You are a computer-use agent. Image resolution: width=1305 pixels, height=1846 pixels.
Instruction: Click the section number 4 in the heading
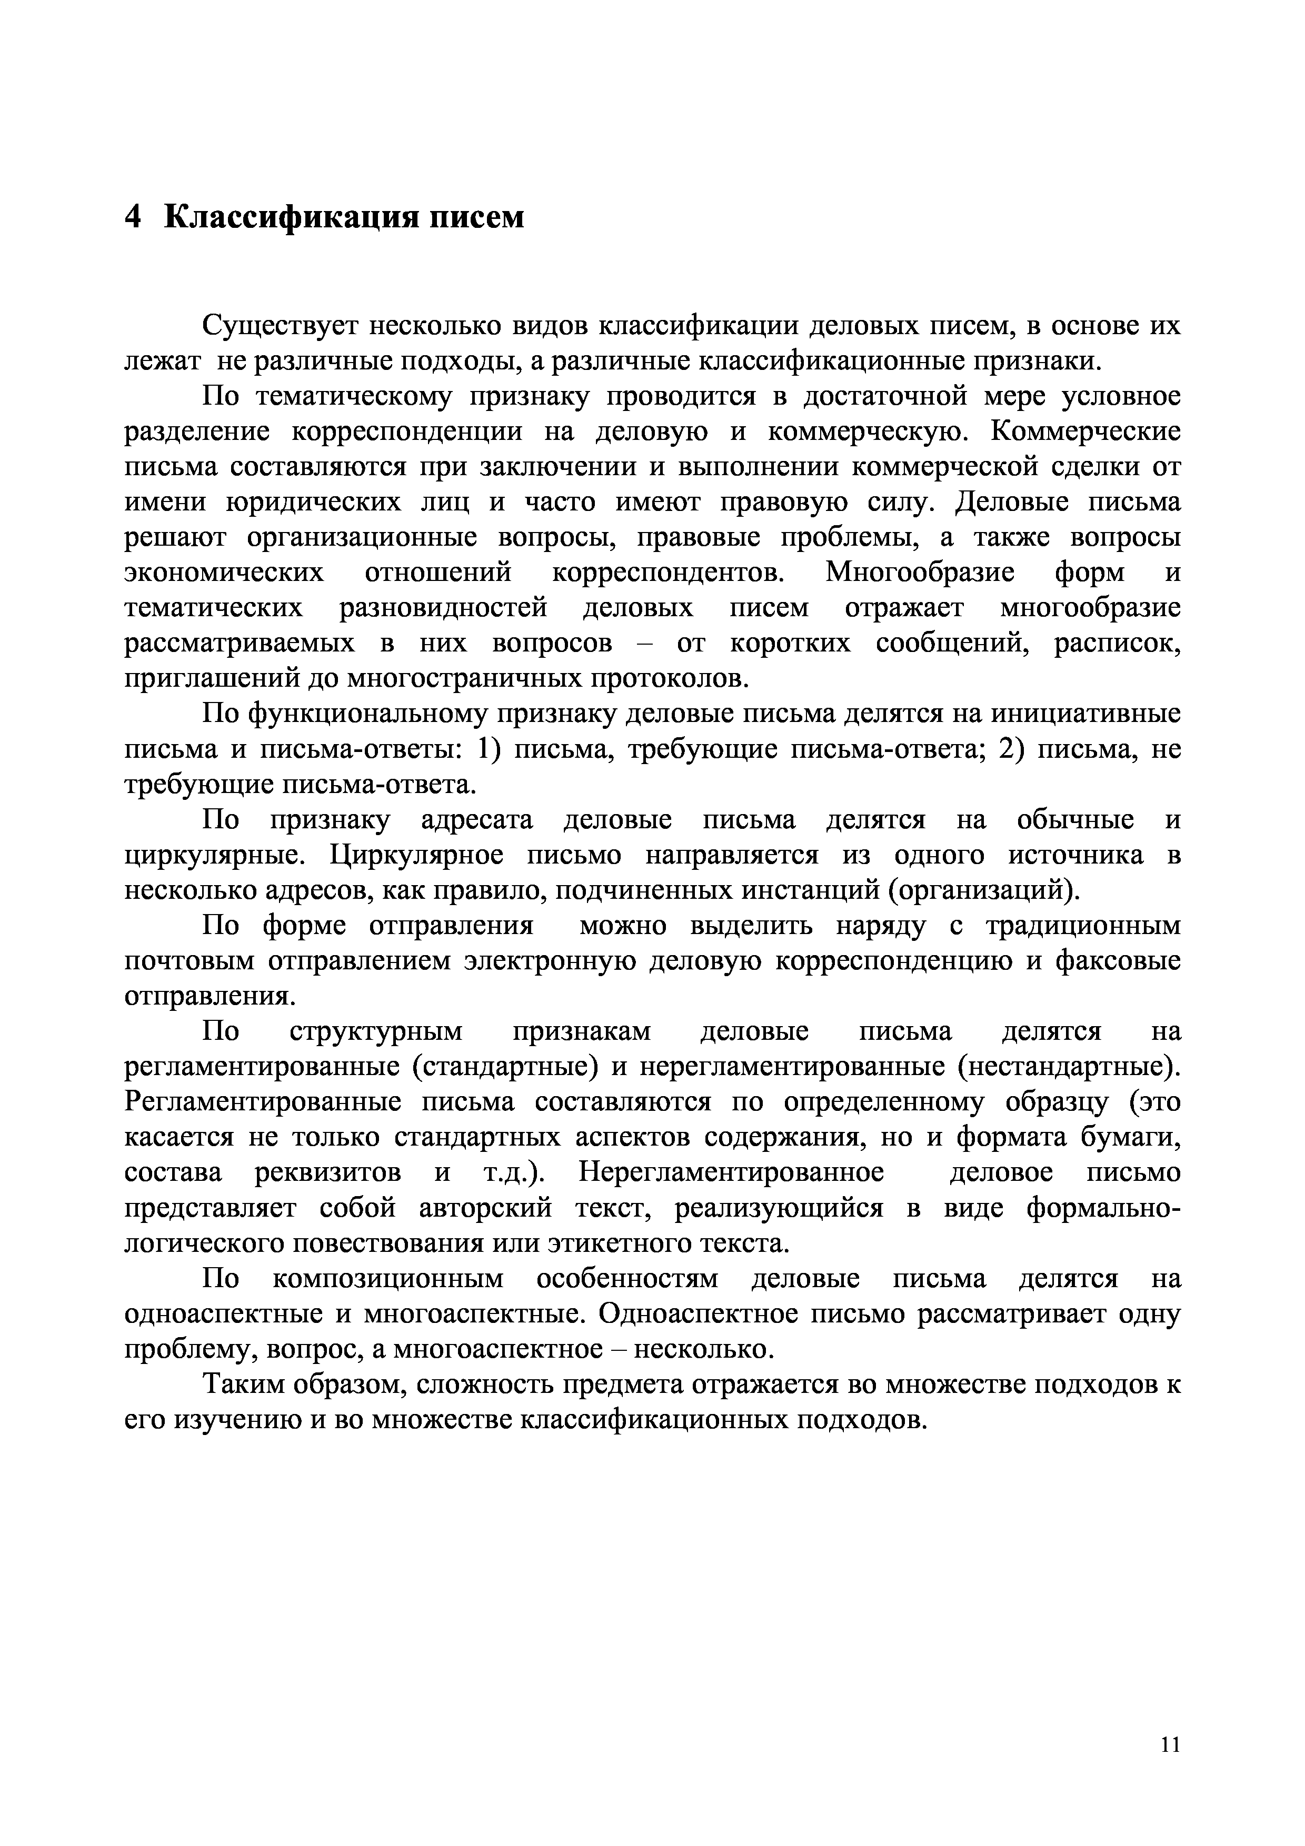point(134,217)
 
